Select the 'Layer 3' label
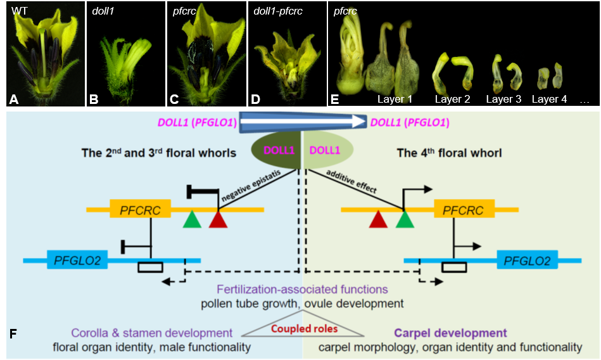click(503, 99)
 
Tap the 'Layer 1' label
click(395, 99)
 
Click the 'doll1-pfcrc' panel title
click(278, 11)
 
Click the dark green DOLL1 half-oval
click(275, 150)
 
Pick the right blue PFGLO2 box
click(528, 259)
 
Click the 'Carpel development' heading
click(450, 333)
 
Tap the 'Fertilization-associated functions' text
click(302, 289)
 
